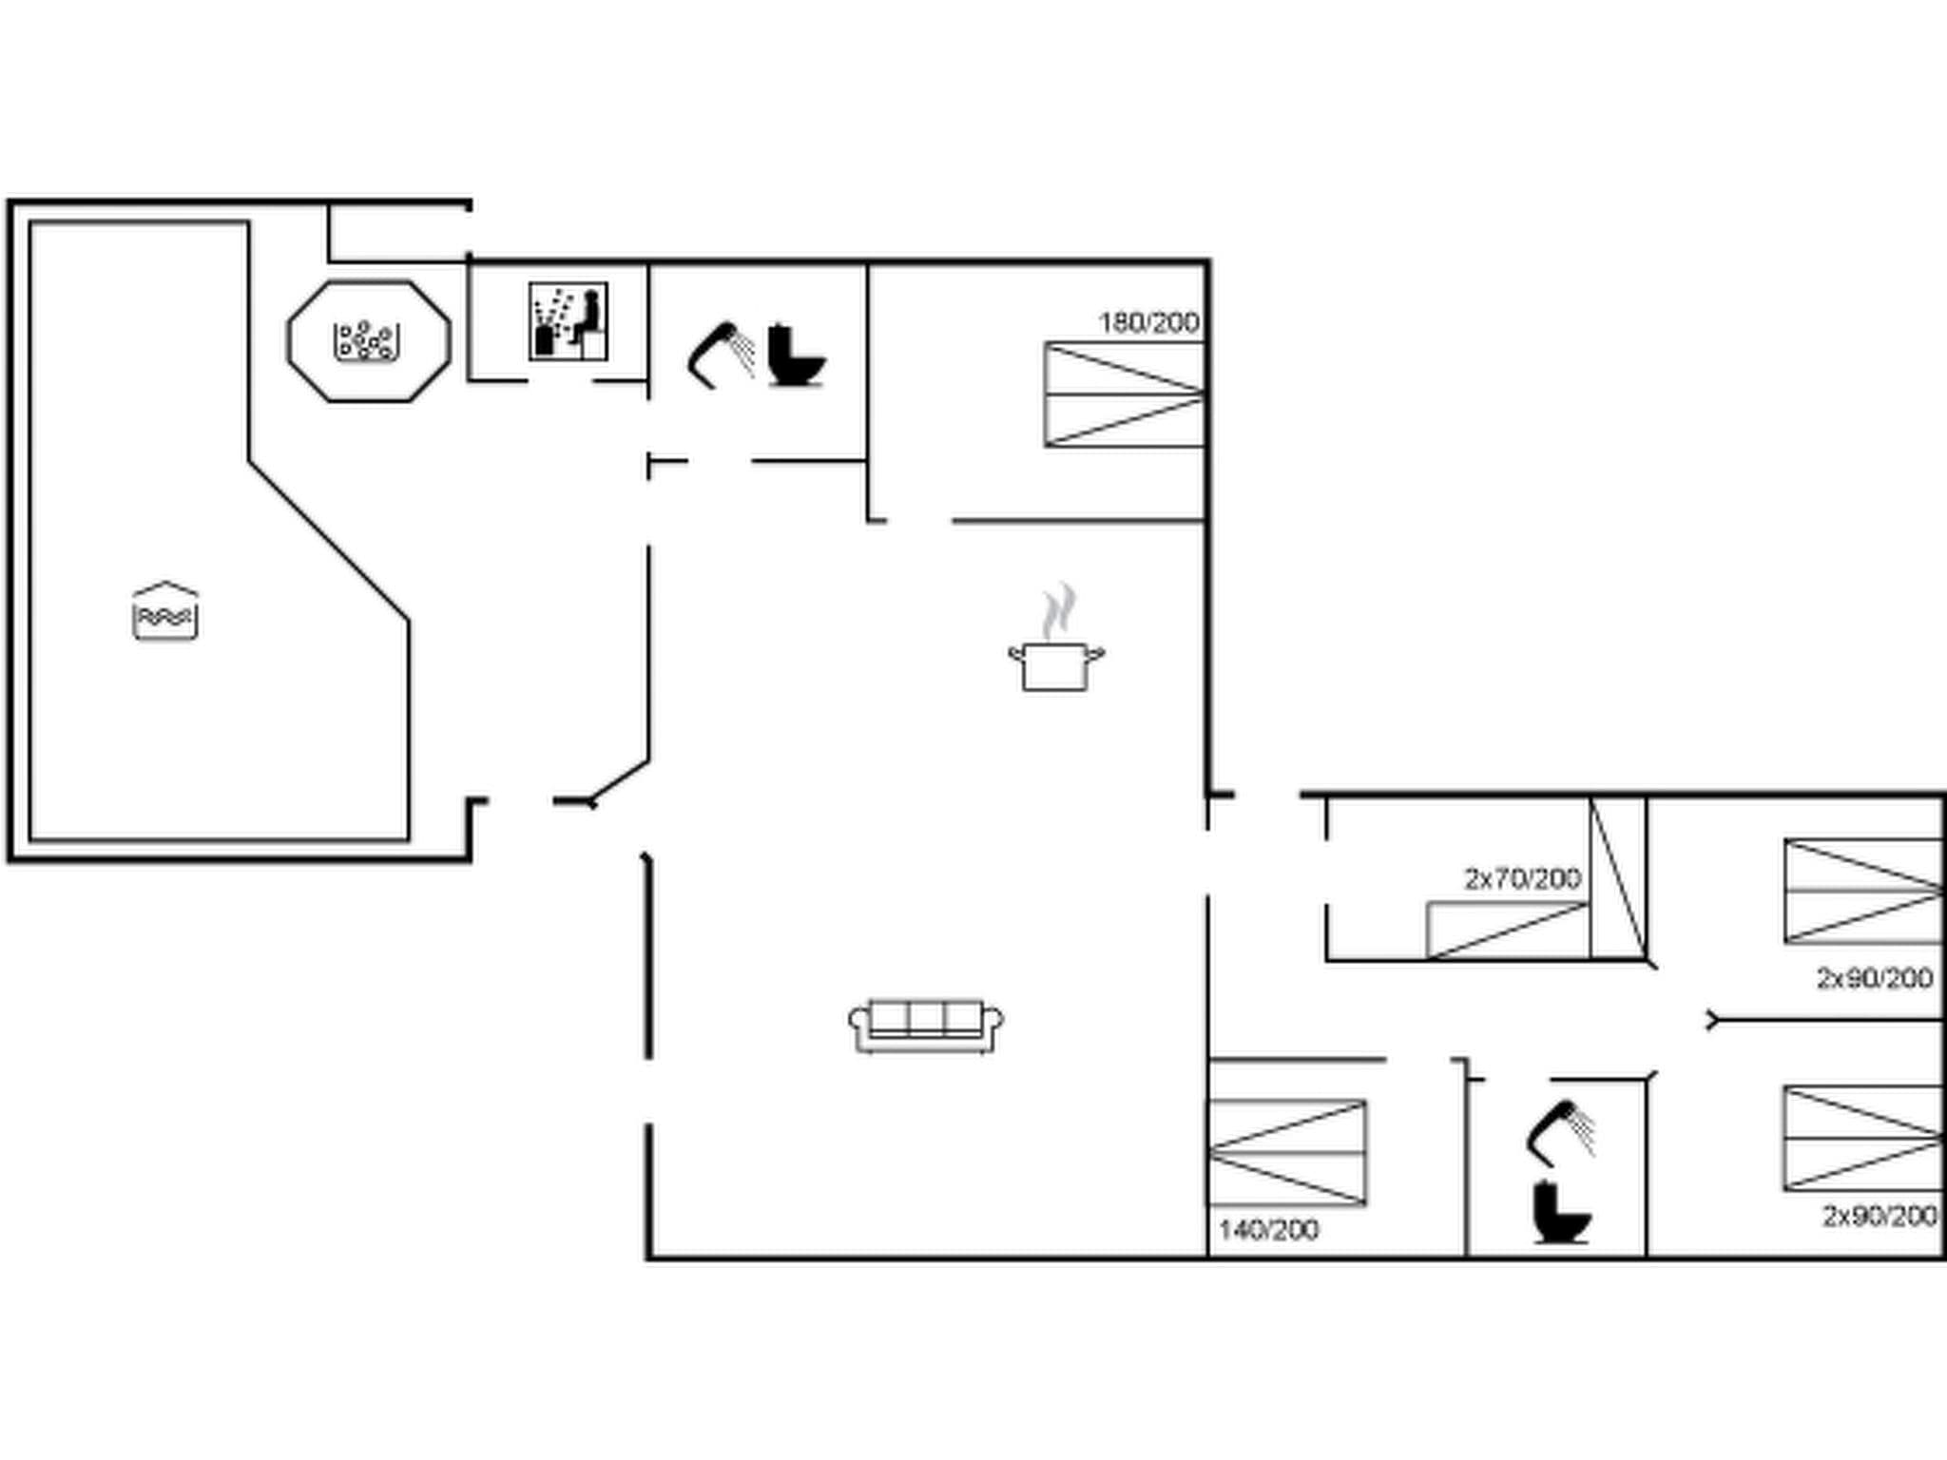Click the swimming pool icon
point(165,611)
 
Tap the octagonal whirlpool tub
point(369,341)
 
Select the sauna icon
point(569,321)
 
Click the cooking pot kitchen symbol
point(1057,643)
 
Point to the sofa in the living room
point(926,1025)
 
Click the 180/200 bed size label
point(1148,323)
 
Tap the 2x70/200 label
point(1522,879)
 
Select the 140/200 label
point(1268,1230)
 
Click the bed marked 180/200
point(1124,394)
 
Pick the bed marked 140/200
point(1287,1152)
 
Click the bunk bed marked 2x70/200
point(1508,930)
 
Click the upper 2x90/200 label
point(1874,977)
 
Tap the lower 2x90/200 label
point(1880,1216)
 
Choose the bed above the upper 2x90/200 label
point(1862,892)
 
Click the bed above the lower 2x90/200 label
point(1862,1138)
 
